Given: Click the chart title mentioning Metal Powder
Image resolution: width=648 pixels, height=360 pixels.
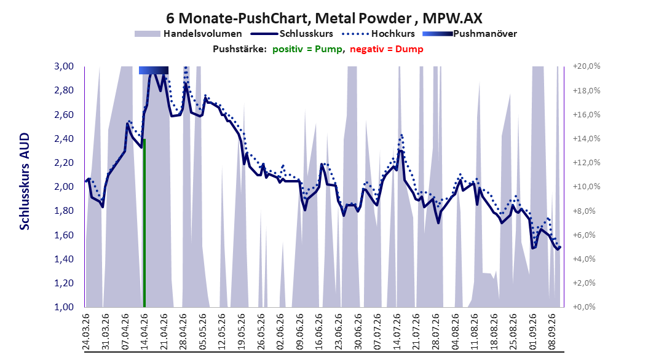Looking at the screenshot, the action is click(324, 18).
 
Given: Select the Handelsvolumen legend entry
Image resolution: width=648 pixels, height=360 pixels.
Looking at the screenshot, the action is click(188, 34).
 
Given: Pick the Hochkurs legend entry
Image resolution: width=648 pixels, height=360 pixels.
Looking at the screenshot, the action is click(379, 34).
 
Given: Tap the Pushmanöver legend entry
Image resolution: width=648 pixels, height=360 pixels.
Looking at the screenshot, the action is click(470, 34).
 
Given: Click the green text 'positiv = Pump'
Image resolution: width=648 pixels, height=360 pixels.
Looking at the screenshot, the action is click(307, 49).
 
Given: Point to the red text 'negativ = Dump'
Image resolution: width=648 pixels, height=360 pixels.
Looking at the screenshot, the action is click(387, 49).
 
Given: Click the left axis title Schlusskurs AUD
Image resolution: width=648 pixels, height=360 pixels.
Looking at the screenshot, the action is click(25, 181).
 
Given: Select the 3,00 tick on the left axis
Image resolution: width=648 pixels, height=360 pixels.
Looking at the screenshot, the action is click(64, 66).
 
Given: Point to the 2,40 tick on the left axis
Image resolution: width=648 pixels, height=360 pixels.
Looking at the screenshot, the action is click(64, 139).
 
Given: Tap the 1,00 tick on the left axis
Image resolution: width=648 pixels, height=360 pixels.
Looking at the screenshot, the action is click(64, 307).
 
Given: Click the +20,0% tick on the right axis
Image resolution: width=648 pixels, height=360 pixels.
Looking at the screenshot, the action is click(587, 66).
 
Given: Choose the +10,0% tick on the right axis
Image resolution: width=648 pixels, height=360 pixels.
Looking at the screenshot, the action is click(587, 187).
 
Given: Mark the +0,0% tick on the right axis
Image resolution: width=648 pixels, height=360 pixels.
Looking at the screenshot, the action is click(585, 307).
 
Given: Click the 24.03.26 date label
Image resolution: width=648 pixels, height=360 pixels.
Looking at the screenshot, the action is click(86, 332).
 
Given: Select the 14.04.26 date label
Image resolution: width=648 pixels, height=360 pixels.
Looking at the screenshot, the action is click(144, 332).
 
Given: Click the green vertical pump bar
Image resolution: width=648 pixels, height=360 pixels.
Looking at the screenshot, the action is click(144, 223).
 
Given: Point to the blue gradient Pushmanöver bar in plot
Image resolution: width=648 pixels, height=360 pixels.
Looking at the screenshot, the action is click(154, 70).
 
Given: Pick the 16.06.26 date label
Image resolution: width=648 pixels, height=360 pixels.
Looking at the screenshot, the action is click(318, 332).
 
